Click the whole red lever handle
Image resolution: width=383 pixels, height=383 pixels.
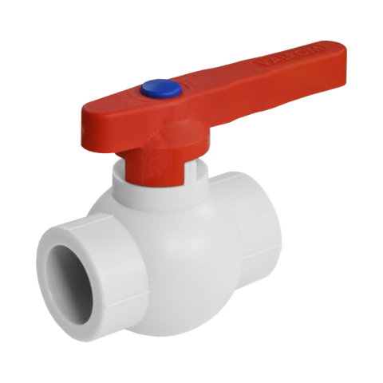pyautogui.click(x=215, y=100)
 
